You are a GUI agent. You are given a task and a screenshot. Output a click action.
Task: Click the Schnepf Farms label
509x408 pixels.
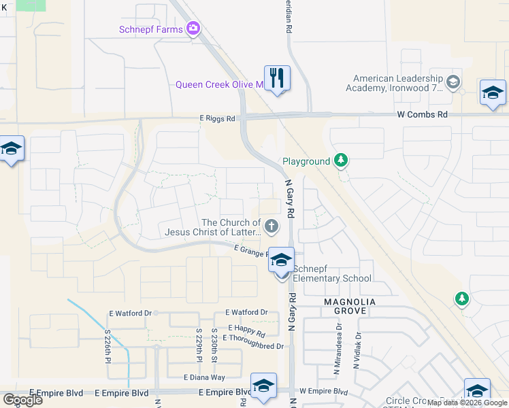coord(151,29)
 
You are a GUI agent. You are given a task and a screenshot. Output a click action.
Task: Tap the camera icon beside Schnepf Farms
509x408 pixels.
coord(194,29)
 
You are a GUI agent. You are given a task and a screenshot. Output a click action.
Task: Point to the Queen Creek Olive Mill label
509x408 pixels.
coord(219,85)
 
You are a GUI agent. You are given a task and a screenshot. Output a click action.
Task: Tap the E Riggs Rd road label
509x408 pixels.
coord(217,118)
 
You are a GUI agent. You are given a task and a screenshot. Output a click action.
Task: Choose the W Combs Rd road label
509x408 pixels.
coord(423,115)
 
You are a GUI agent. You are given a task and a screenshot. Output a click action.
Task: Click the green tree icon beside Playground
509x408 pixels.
coord(341,161)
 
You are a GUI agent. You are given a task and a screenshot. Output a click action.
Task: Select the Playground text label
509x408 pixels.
coord(306,162)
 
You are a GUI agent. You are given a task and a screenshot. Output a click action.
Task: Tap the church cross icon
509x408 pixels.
coord(271,226)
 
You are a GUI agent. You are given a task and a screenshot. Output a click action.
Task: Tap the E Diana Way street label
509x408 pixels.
coord(204,377)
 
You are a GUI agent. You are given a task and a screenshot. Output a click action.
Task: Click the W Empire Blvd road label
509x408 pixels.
coord(323,392)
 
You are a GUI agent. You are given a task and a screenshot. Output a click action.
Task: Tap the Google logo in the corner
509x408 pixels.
coord(22,400)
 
